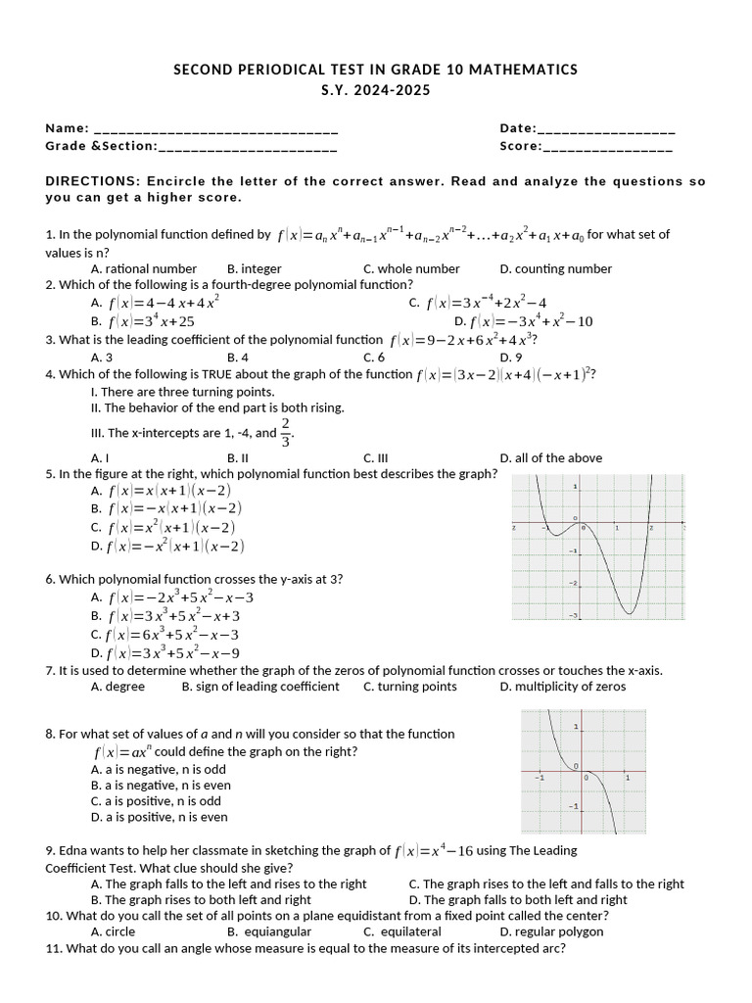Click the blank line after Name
(x=216, y=129)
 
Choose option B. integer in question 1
(x=254, y=268)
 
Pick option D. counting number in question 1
(x=555, y=268)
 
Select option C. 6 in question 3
(x=373, y=358)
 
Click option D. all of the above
(x=550, y=457)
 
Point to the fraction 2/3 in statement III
(x=286, y=431)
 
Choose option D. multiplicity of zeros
(x=562, y=687)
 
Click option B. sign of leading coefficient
(x=260, y=687)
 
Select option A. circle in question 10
(x=113, y=931)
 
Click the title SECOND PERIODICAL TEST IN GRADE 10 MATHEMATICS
(x=375, y=70)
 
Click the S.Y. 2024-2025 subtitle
(x=375, y=90)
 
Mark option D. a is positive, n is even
(x=160, y=817)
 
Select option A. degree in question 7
(x=117, y=687)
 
